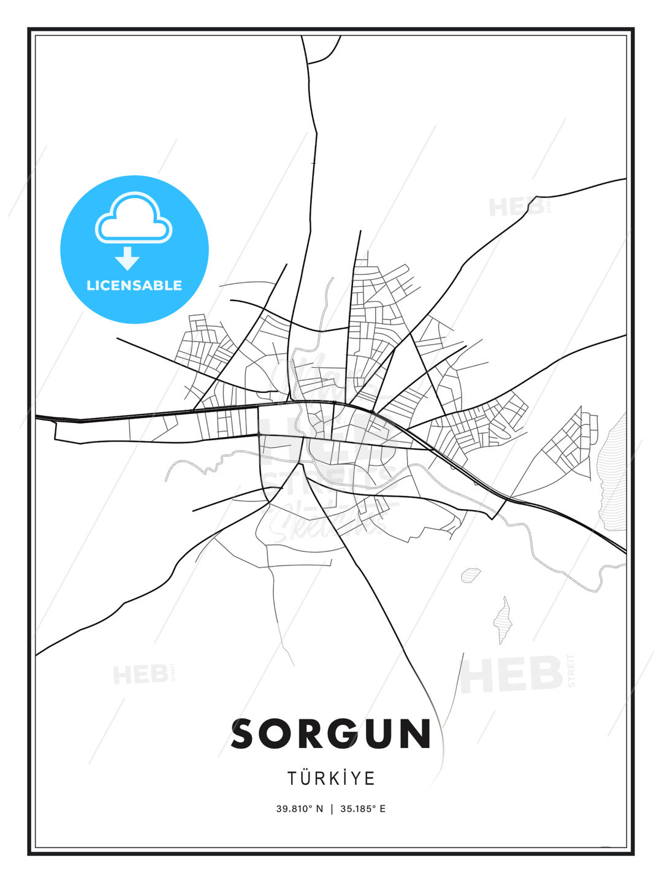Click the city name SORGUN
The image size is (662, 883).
(x=331, y=734)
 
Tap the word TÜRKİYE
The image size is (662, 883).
(x=331, y=778)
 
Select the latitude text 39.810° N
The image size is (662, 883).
(x=299, y=809)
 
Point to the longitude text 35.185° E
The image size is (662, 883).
(x=363, y=809)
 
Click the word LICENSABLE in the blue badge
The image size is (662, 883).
(x=134, y=285)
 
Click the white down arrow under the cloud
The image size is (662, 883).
(x=127, y=259)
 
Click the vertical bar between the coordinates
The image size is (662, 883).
(x=332, y=809)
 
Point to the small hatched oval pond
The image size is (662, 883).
(x=471, y=575)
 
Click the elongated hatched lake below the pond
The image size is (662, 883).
(x=503, y=621)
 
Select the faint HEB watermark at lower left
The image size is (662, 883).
(x=140, y=675)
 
